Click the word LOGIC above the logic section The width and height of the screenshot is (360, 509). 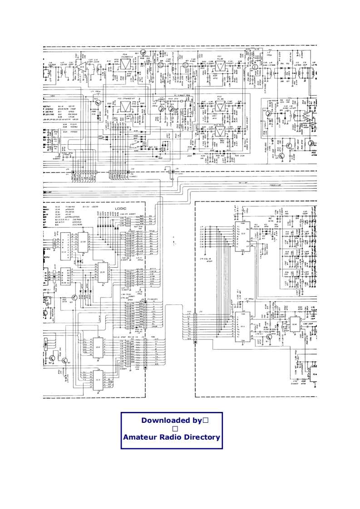(x=121, y=209)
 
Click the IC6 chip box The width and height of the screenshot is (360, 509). (x=98, y=348)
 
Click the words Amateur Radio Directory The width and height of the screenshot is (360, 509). (x=172, y=438)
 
